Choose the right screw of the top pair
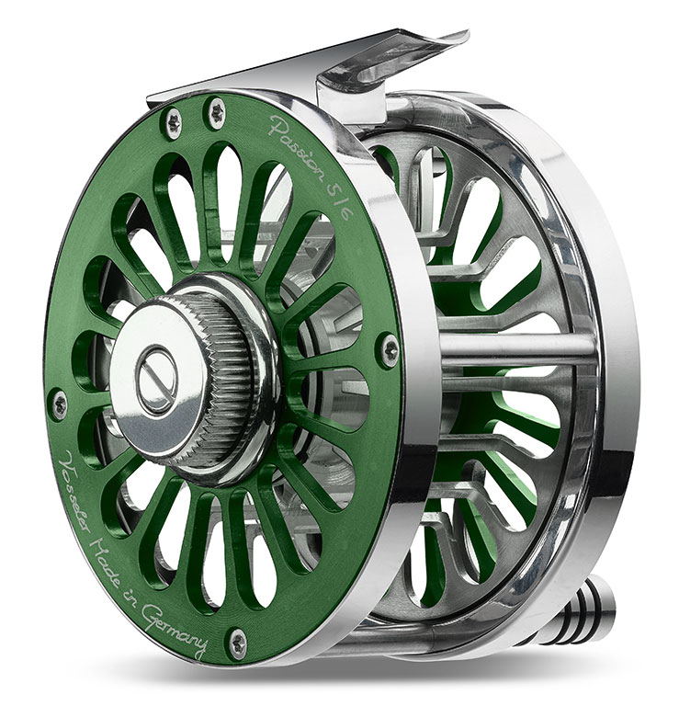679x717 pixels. (217, 112)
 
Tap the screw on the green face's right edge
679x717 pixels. (390, 350)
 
